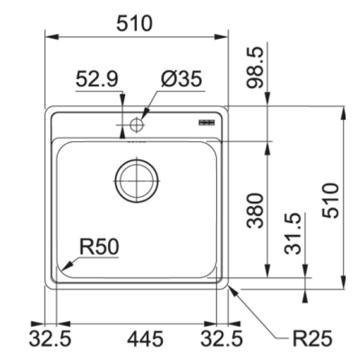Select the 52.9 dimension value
pos(96,79)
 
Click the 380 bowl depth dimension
pos(256,210)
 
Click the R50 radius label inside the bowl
pos(101,243)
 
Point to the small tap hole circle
pos(136,122)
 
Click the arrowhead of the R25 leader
pos(232,285)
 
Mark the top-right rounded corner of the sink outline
pos(225,112)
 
